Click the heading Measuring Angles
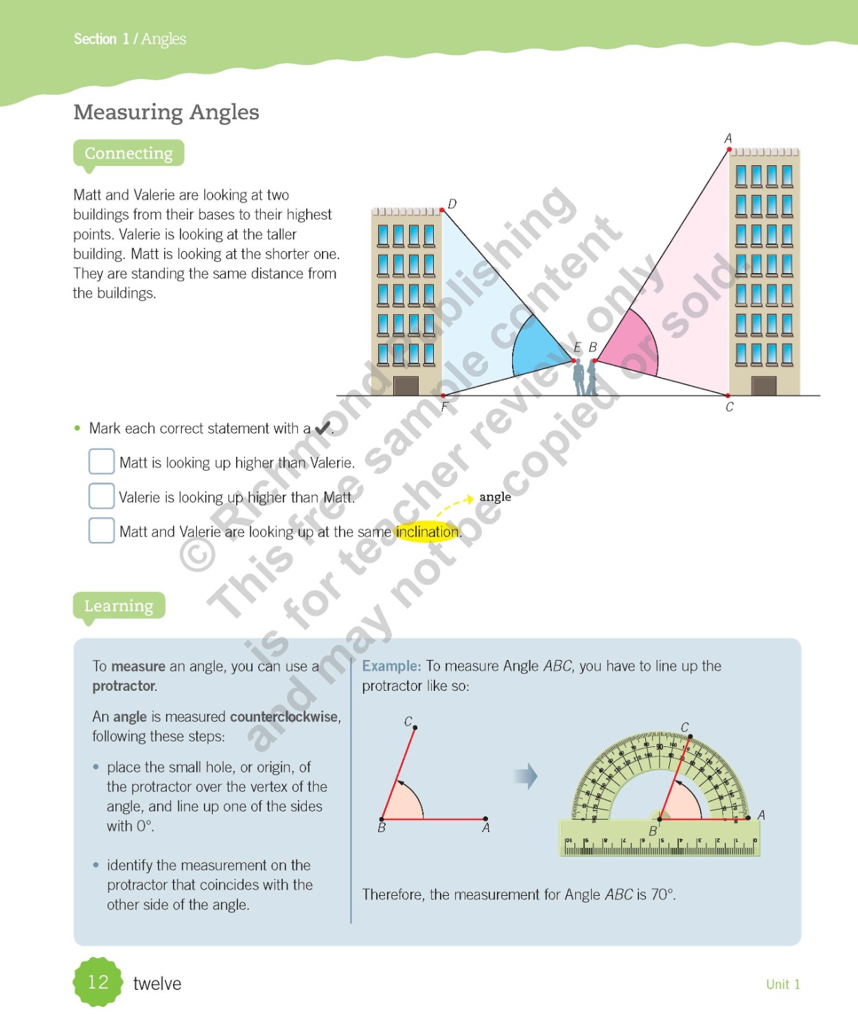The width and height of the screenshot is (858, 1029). click(x=166, y=112)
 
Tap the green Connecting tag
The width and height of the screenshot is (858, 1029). click(x=128, y=153)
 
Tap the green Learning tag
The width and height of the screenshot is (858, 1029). click(x=119, y=606)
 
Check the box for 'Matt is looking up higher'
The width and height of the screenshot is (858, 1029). click(x=102, y=462)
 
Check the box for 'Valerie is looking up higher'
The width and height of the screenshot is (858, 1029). click(x=102, y=496)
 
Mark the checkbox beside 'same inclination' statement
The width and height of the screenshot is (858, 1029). click(x=102, y=530)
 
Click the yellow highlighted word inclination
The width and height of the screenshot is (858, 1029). click(x=427, y=532)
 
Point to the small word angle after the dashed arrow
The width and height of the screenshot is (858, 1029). click(x=495, y=497)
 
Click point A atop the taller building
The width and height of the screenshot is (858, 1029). click(x=728, y=148)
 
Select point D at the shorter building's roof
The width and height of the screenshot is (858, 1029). click(x=443, y=210)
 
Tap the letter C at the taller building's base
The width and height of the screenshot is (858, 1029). click(x=729, y=407)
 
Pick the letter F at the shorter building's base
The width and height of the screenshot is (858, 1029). click(x=444, y=407)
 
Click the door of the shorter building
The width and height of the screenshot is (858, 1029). click(x=406, y=386)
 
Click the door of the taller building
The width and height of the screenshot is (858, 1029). click(x=764, y=386)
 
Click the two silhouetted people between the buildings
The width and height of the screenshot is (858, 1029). click(x=584, y=377)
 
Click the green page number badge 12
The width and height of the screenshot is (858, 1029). click(x=98, y=982)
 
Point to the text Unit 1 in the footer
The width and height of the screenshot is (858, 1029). click(x=782, y=984)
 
